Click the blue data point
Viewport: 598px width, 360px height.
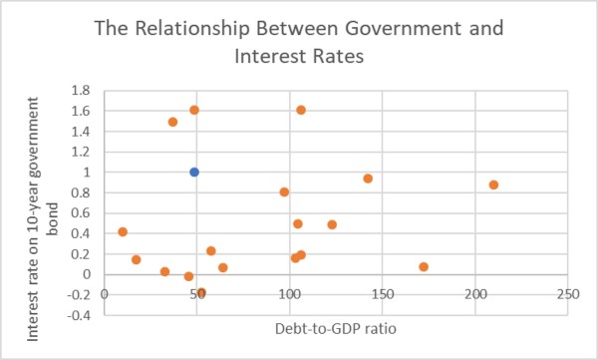(x=194, y=173)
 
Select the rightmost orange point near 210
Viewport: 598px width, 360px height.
(x=493, y=184)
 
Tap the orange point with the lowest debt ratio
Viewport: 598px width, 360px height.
(x=123, y=231)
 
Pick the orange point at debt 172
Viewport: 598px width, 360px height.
(x=424, y=267)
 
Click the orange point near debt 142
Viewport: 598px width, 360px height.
(x=368, y=179)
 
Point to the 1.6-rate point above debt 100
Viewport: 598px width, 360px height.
(x=301, y=111)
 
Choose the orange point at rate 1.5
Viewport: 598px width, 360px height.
(x=172, y=122)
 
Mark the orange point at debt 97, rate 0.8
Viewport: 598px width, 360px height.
(x=284, y=192)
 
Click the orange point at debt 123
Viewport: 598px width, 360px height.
(x=332, y=224)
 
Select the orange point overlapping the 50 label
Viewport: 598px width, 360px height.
(x=201, y=293)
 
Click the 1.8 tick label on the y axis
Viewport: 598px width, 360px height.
(x=81, y=91)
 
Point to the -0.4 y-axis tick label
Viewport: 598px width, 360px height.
(x=79, y=315)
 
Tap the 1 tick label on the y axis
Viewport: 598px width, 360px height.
(x=87, y=173)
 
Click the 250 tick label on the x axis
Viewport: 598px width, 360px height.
(x=568, y=294)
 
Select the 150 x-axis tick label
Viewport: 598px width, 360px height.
(x=383, y=294)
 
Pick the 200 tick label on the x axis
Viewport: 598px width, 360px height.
(x=475, y=294)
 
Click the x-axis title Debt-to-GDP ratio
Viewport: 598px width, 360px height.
(x=336, y=329)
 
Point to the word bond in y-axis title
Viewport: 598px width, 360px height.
(x=52, y=218)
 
